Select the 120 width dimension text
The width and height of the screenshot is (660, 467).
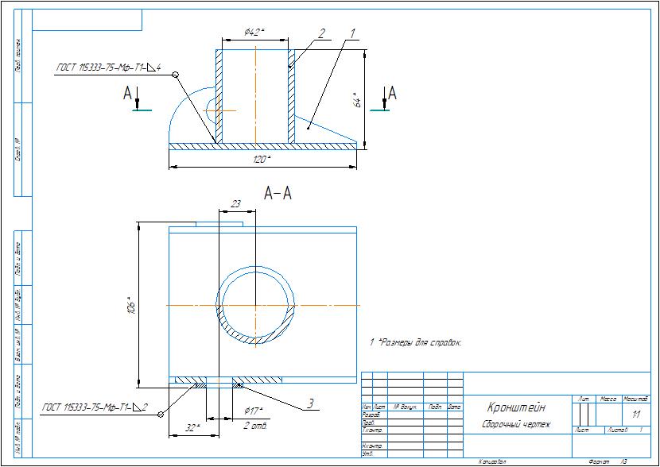pyautogui.click(x=260, y=160)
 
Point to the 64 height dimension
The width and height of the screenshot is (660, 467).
pyautogui.click(x=359, y=101)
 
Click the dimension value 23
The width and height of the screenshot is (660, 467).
pyautogui.click(x=235, y=204)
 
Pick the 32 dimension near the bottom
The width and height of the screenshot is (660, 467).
pyautogui.click(x=192, y=426)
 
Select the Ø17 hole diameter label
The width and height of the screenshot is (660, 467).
pyautogui.click(x=253, y=411)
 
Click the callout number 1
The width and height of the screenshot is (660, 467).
pyautogui.click(x=350, y=34)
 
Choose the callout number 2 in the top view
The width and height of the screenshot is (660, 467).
pyautogui.click(x=321, y=34)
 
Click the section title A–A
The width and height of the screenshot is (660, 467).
pyautogui.click(x=276, y=193)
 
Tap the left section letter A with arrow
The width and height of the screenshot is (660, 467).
pyautogui.click(x=128, y=94)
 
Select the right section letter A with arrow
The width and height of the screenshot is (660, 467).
pyautogui.click(x=391, y=94)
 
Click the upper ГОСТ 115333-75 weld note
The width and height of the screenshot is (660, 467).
pyautogui.click(x=108, y=69)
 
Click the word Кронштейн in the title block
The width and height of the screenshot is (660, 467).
pyautogui.click(x=516, y=407)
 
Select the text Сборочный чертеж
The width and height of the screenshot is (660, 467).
pyautogui.click(x=516, y=424)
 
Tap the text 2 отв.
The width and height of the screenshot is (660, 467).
pyautogui.click(x=255, y=426)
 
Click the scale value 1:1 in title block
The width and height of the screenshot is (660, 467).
pyautogui.click(x=635, y=415)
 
